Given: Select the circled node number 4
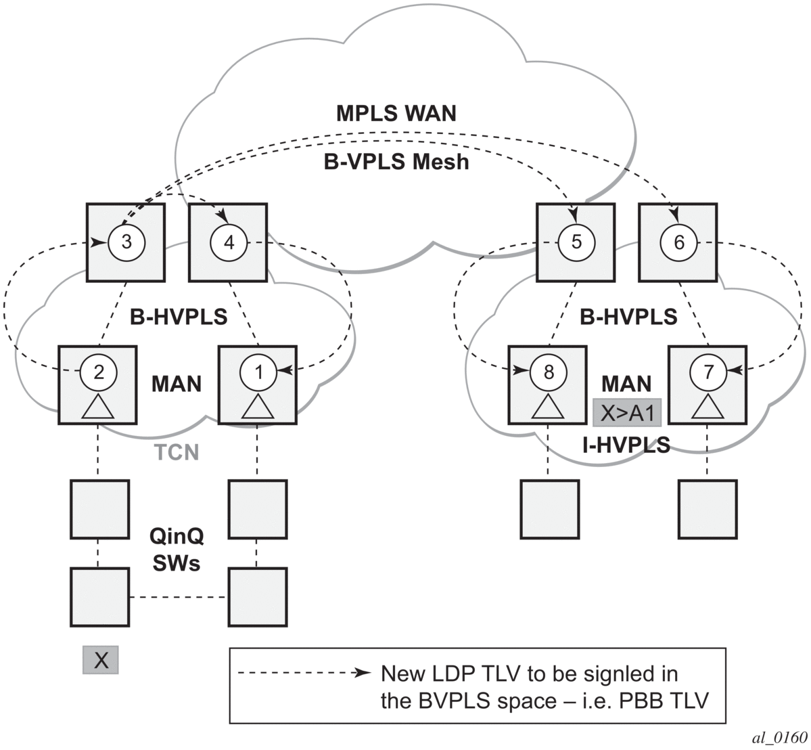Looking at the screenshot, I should [x=228, y=242].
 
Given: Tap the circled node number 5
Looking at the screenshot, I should [x=576, y=242].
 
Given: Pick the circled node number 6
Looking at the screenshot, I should [x=679, y=242].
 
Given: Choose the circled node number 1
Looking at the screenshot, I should [x=258, y=370].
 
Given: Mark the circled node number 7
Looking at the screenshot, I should [x=708, y=370].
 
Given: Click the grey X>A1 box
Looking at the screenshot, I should [x=626, y=412].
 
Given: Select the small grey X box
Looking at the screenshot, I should [x=101, y=659].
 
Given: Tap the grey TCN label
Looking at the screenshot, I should [x=175, y=451].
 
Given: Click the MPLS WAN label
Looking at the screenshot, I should [x=396, y=113].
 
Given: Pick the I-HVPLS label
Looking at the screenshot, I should [x=626, y=445].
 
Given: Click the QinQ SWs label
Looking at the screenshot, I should [x=177, y=549].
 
